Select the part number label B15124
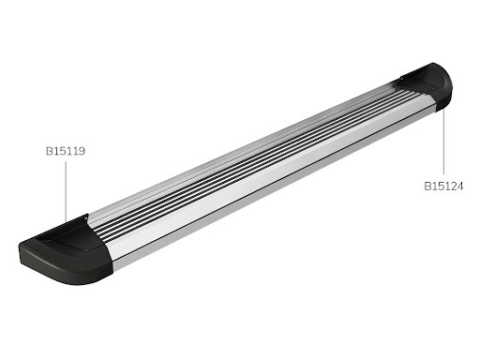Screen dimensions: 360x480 [x=442, y=186]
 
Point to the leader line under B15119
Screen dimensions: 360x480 [x=66, y=192]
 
